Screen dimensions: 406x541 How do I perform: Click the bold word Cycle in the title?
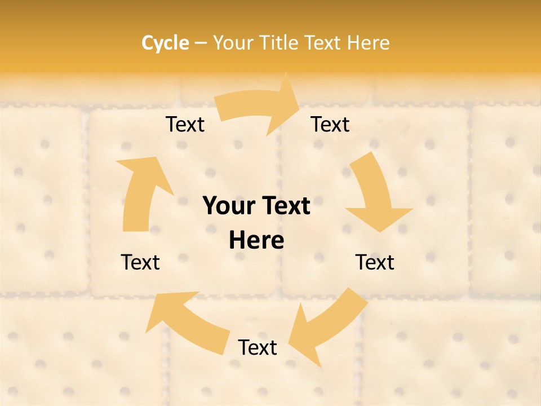pyautogui.click(x=165, y=43)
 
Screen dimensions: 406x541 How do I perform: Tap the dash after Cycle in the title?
pyautogui.click(x=201, y=43)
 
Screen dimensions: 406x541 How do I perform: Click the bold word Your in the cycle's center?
pyautogui.click(x=229, y=206)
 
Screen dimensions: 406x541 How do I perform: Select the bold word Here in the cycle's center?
pyautogui.click(x=256, y=241)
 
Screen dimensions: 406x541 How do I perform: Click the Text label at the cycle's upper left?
pyautogui.click(x=185, y=125)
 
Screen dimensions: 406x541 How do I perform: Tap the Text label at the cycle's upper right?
pyautogui.click(x=330, y=125)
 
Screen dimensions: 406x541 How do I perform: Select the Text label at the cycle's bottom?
pyautogui.click(x=258, y=348)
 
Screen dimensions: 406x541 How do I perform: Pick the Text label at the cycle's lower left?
pyautogui.click(x=140, y=262)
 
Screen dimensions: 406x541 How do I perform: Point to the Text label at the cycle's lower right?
pyautogui.click(x=375, y=262)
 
